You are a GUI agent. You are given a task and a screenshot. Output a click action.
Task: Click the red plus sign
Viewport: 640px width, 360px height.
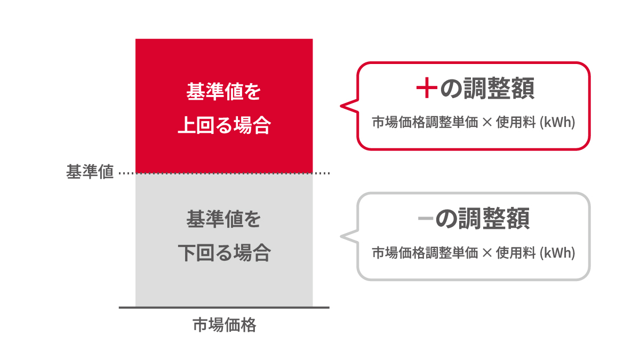[427, 87]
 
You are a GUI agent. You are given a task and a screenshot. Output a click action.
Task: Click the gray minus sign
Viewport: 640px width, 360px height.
[426, 219]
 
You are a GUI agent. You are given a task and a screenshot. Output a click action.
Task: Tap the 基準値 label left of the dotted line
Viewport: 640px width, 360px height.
[90, 172]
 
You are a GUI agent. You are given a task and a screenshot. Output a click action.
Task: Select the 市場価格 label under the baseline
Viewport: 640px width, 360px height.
[225, 325]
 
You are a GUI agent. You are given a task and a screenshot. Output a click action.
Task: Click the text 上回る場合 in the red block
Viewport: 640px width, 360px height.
[225, 125]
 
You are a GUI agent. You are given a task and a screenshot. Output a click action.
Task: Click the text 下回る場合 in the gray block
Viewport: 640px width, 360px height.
[225, 253]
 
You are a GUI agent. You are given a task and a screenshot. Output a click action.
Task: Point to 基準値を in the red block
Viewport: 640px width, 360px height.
[223, 92]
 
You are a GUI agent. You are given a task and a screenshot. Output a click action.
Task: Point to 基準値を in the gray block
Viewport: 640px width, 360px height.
[223, 219]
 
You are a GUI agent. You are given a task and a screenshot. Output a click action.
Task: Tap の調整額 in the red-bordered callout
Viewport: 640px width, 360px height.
[487, 88]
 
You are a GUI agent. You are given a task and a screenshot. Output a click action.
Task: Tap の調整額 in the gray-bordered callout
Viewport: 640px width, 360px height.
[483, 219]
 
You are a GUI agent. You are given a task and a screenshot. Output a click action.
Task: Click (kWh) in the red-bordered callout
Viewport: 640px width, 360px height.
[557, 122]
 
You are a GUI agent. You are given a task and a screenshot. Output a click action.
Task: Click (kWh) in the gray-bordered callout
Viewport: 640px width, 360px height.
[557, 253]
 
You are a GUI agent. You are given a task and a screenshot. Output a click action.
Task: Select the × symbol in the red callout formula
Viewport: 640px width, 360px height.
[487, 123]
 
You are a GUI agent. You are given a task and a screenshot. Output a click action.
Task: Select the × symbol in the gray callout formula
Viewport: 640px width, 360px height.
[487, 253]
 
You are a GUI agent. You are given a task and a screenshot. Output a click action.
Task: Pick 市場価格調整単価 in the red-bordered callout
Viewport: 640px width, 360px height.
[425, 122]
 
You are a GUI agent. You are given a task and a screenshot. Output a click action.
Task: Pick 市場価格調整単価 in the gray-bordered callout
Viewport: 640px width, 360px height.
[425, 253]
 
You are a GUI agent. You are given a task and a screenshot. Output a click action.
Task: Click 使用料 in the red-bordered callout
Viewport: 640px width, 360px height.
[516, 122]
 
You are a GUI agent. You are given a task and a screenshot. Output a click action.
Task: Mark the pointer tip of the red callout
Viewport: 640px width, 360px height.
[341, 106]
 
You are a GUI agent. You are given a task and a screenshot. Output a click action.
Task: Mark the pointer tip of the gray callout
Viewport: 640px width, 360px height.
[341, 236]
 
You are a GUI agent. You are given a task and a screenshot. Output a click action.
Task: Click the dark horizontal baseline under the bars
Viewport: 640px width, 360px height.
[224, 308]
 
